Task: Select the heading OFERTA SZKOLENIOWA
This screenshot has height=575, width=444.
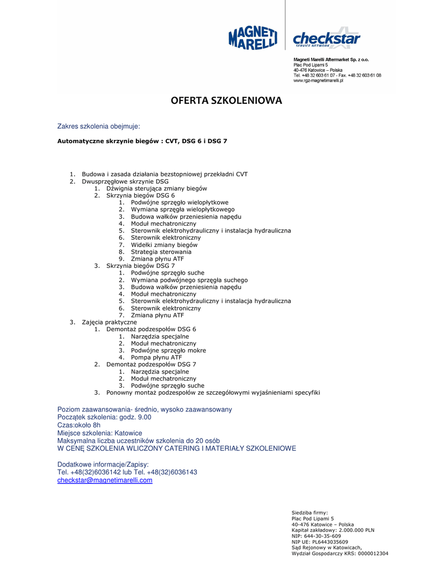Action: pyautogui.click(x=226, y=101)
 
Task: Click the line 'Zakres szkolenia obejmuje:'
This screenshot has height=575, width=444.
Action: pyautogui.click(x=99, y=126)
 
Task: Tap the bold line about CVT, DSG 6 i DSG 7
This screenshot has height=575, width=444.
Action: pyautogui.click(x=142, y=141)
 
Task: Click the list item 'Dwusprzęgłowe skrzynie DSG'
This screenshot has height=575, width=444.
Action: pyautogui.click(x=125, y=181)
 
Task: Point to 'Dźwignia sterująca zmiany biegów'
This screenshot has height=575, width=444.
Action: pyautogui.click(x=157, y=189)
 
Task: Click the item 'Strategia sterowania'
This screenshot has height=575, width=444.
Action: pyautogui.click(x=161, y=252)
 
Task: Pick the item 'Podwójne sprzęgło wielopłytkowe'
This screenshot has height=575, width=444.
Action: pyautogui.click(x=180, y=203)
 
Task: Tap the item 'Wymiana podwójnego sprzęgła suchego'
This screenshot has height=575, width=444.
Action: pyautogui.click(x=189, y=280)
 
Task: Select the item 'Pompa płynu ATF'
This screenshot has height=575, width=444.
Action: pyautogui.click(x=156, y=357)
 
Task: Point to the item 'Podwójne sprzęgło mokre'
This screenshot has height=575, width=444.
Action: pyautogui.click(x=168, y=350)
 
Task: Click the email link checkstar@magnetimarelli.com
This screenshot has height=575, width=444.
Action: pyautogui.click(x=105, y=480)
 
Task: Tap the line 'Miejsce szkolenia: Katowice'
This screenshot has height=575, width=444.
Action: pyautogui.click(x=100, y=433)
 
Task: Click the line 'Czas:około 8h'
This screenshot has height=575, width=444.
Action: pyautogui.click(x=79, y=425)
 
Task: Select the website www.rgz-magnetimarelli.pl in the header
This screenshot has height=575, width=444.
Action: pyautogui.click(x=318, y=81)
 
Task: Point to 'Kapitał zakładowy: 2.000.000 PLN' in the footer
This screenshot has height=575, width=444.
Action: pyautogui.click(x=333, y=530)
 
